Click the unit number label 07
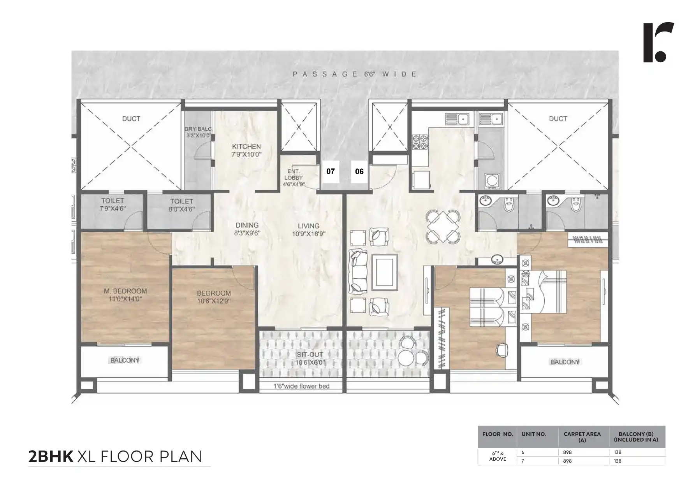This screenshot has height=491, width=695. pos(330,171)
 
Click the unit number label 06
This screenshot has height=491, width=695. pos(359,171)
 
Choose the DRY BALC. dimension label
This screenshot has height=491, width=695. pos(198,132)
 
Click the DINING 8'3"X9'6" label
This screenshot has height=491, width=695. pos(247,229)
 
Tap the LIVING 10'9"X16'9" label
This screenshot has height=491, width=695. pos(308,230)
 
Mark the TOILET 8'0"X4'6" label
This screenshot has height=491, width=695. pos(181,205)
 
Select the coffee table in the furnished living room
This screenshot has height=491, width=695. pos(384,272)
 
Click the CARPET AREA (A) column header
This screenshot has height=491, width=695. pos(582,437)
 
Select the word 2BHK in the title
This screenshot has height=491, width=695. pos(51,456)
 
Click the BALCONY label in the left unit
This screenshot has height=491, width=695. pos(125,360)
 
